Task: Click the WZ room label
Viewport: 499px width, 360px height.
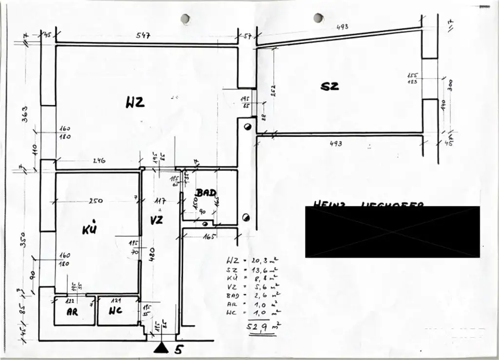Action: pos(135,103)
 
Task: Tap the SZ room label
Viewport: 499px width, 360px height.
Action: pos(329,87)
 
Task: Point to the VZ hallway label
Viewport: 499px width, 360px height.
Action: pos(156,220)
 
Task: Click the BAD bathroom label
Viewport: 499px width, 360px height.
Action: pos(206,193)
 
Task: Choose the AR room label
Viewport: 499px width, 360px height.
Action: pos(72,312)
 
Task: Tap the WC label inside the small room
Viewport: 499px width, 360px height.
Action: pos(115,311)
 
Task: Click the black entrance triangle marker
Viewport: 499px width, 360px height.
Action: pos(161,348)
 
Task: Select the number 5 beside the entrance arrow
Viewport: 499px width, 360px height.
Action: pos(178,349)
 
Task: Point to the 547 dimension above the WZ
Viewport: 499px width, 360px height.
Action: pos(143,36)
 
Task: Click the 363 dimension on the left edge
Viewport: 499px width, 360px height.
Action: pos(25,114)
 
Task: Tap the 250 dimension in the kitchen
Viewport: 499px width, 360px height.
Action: pos(96,201)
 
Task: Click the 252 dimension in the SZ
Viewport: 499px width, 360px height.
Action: pos(273,91)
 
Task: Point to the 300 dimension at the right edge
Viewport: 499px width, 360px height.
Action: pos(450,85)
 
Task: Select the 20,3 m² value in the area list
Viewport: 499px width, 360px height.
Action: pos(263,261)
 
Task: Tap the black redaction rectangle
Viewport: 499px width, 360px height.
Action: pos(392,232)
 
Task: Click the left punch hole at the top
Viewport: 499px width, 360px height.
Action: pos(185,19)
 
